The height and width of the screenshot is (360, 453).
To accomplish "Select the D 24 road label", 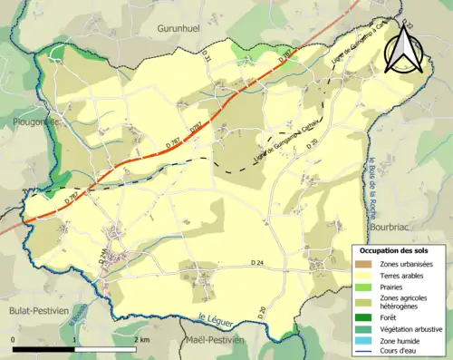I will [x=260, y=262].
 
